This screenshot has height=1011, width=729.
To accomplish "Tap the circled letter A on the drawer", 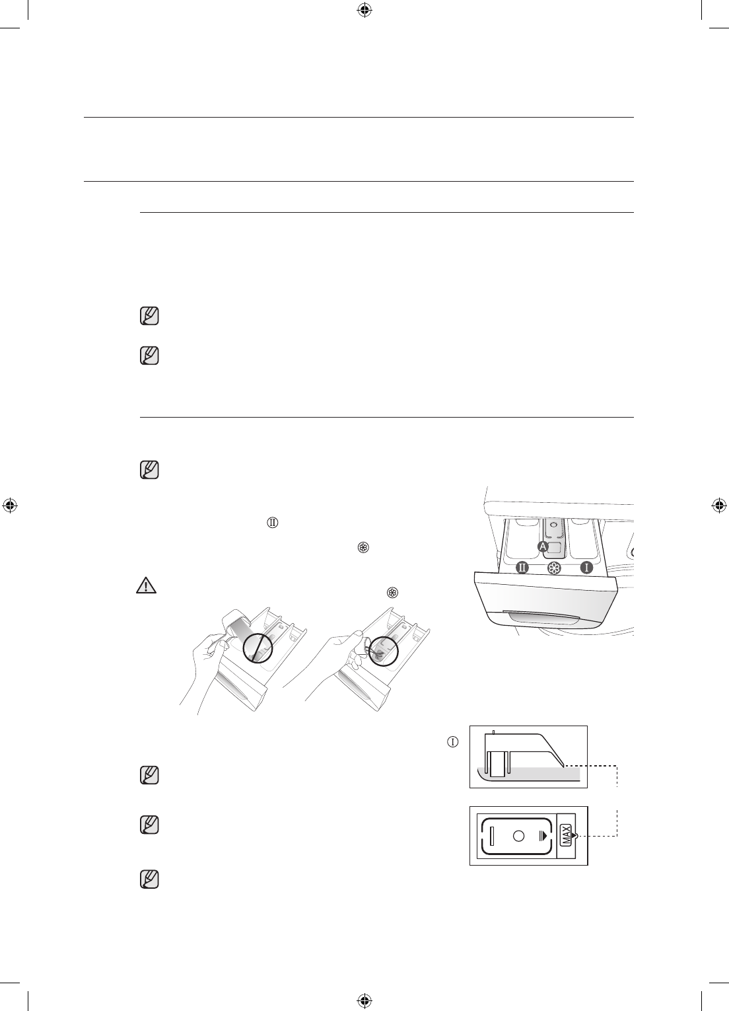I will tap(543, 546).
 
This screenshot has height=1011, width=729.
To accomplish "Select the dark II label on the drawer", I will tap(522, 568).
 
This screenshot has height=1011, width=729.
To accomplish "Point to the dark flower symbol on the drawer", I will tap(554, 568).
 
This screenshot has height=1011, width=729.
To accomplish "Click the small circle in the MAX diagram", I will tap(518, 836).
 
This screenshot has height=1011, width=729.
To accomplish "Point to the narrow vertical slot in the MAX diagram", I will tap(491, 836).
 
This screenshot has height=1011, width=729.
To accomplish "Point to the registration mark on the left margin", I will tap(9, 506).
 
